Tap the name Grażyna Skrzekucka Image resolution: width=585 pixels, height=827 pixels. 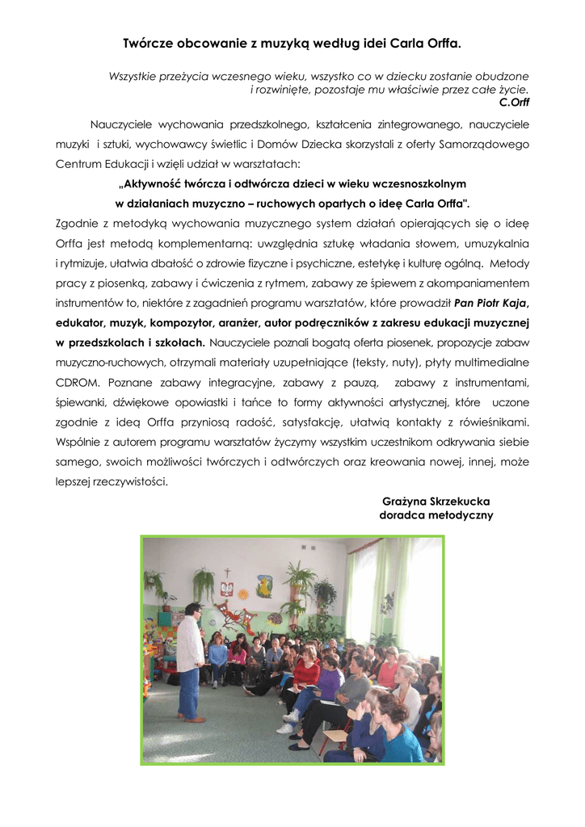click(x=436, y=501)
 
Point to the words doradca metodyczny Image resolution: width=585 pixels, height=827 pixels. click(x=436, y=515)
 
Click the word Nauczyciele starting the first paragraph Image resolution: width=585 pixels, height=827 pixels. click(x=123, y=125)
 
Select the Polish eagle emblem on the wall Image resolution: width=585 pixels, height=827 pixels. click(x=227, y=584)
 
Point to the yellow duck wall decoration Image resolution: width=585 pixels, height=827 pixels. click(x=264, y=584)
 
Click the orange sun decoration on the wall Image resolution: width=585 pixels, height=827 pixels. click(x=242, y=595)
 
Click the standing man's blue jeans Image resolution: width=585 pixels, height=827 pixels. click(x=189, y=692)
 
